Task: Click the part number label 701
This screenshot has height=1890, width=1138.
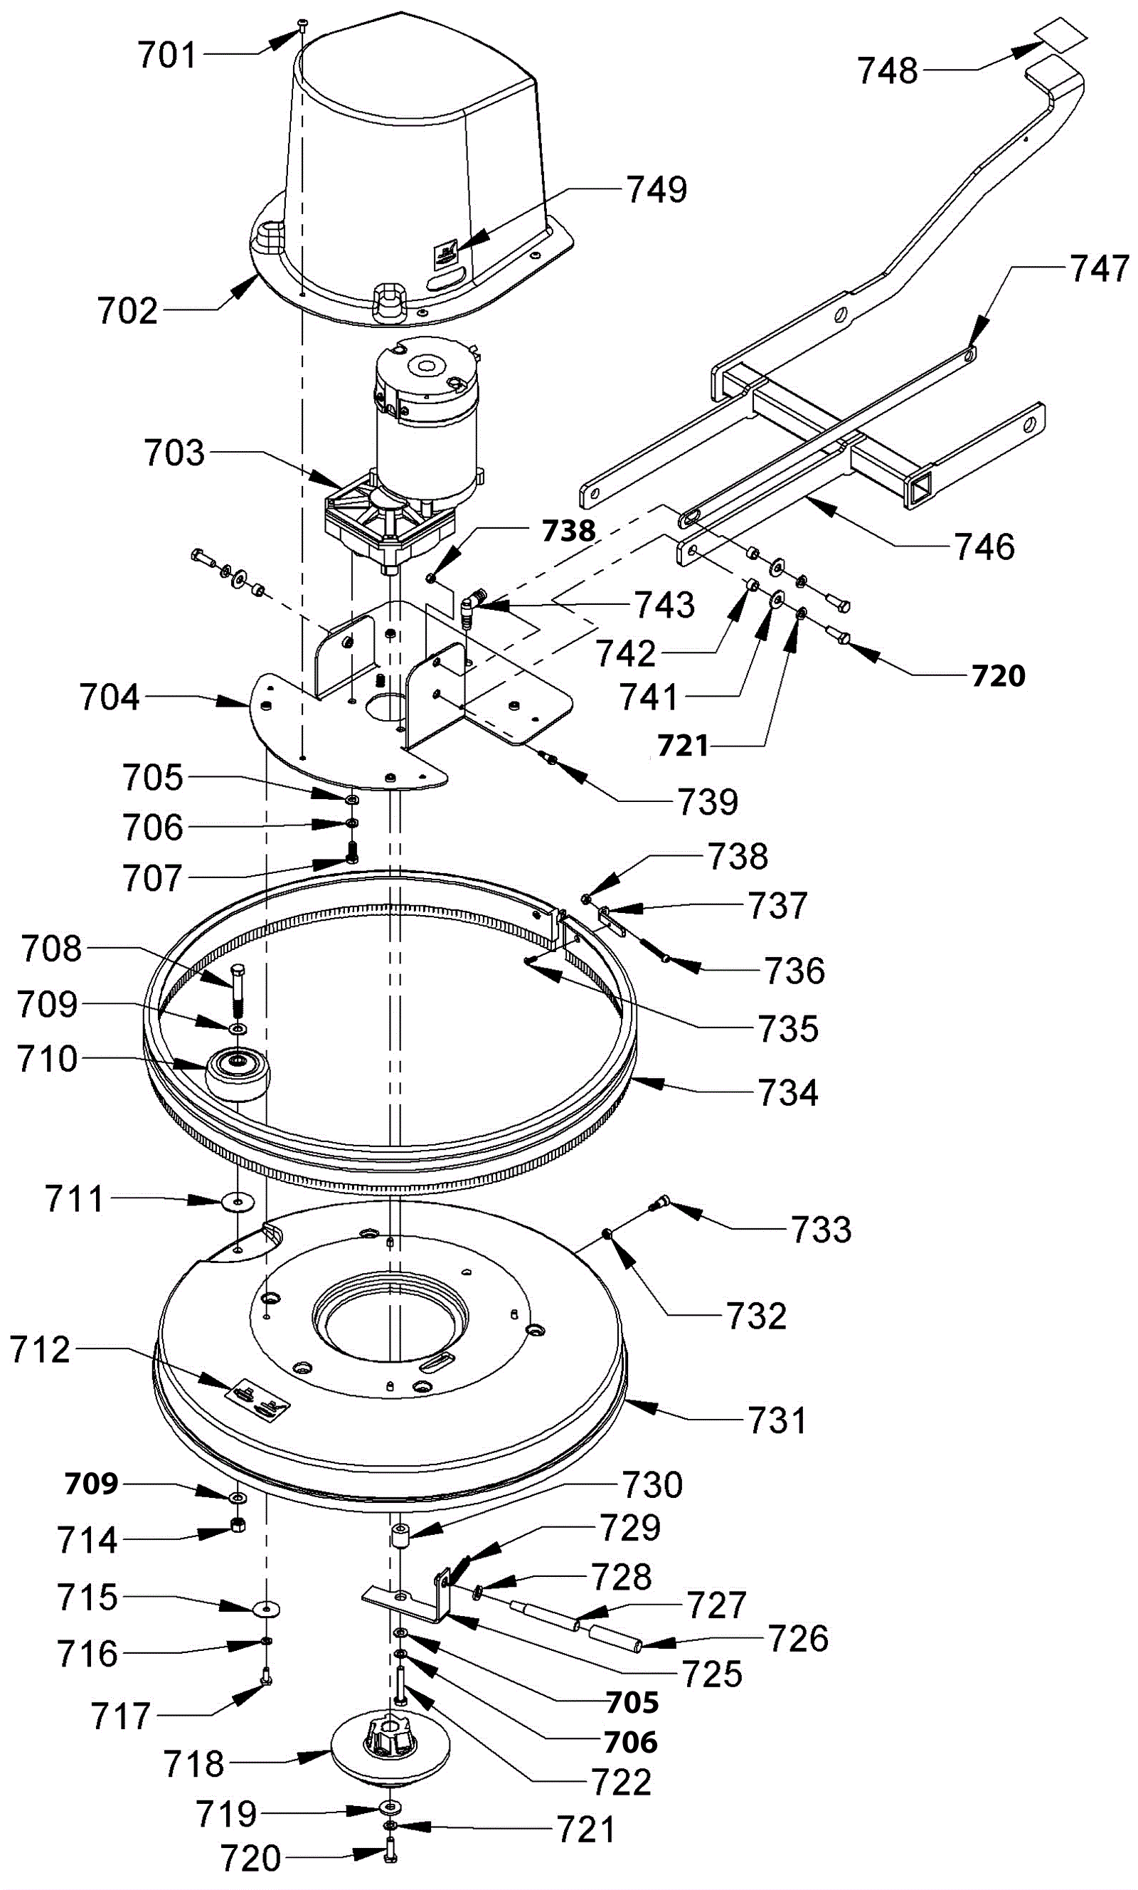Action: (168, 56)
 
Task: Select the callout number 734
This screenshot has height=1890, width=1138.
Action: (788, 1092)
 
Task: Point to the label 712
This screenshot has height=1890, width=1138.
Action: (40, 1350)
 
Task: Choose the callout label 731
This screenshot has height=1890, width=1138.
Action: (777, 1420)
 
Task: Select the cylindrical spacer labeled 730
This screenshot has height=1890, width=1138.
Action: (399, 1537)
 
